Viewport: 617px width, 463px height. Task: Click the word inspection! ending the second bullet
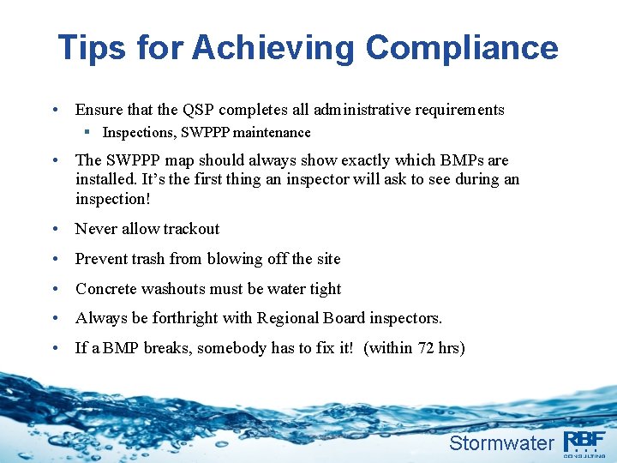[112, 199]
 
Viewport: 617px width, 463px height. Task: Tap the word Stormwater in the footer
[501, 443]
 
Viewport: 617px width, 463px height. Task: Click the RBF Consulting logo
[584, 442]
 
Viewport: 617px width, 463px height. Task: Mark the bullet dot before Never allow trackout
[55, 229]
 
